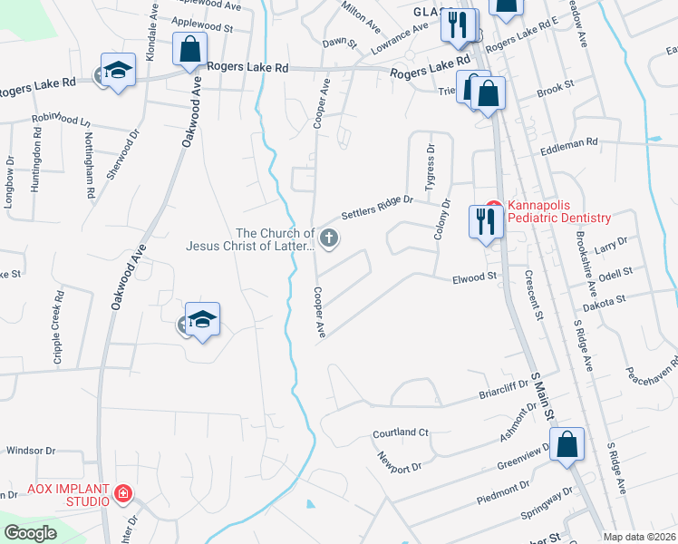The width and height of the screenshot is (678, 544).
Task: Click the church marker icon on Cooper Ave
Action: coord(330,239)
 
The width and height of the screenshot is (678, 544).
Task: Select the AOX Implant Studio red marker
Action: coord(122,494)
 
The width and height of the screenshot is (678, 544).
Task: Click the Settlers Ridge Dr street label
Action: coord(377,209)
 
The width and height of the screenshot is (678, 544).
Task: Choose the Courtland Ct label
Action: coord(400,433)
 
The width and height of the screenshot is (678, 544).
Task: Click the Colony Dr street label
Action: coord(441,219)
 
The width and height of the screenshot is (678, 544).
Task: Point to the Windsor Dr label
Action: coord(31,450)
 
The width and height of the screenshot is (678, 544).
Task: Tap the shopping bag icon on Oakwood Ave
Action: coord(190,51)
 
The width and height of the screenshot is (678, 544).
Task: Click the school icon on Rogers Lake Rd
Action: coord(118,72)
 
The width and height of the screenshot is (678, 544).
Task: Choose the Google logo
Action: coord(31,533)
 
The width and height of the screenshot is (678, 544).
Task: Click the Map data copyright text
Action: coord(639,537)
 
